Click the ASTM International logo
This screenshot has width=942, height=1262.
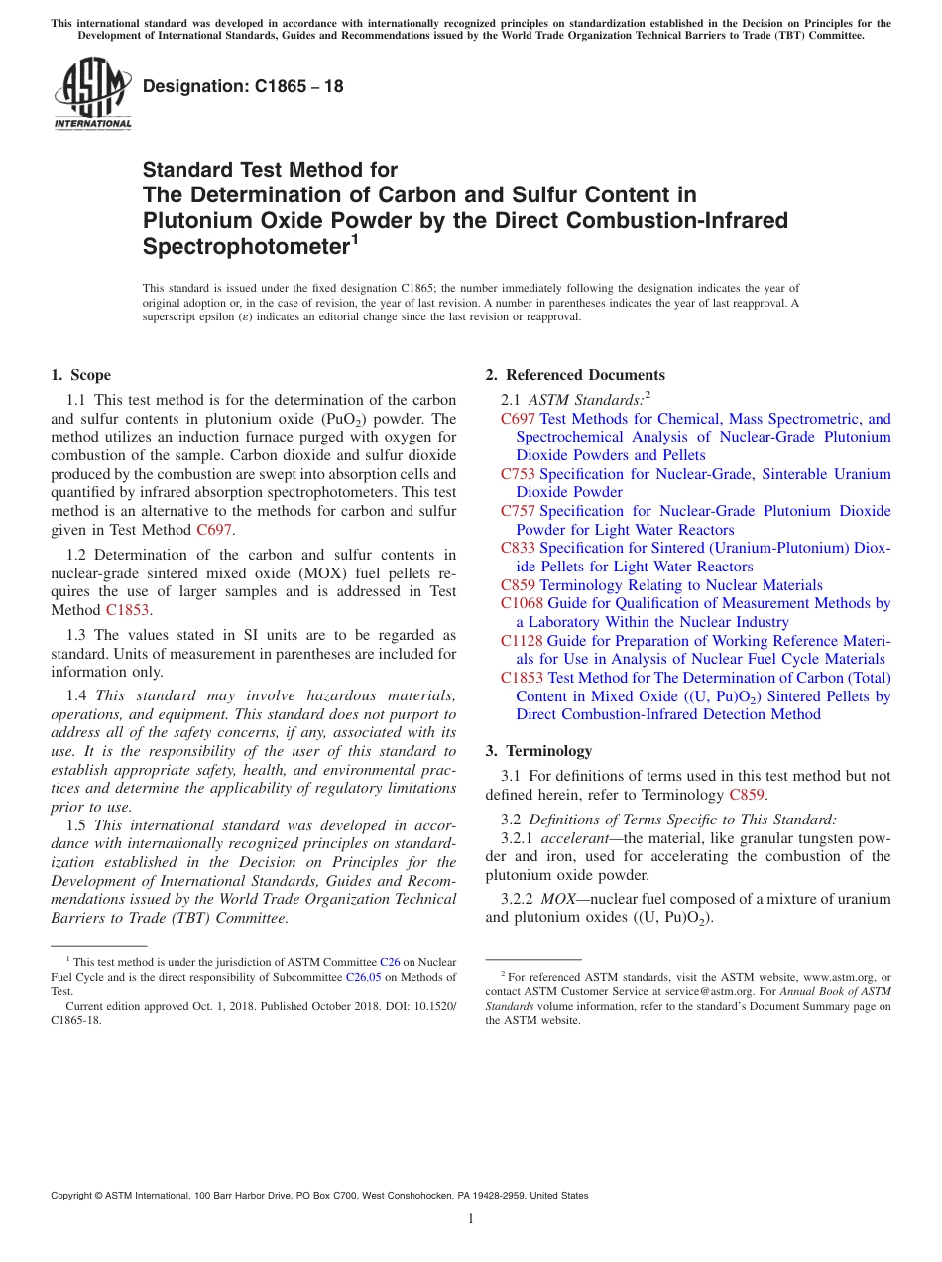click(x=92, y=93)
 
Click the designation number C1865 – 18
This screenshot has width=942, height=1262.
click(x=243, y=86)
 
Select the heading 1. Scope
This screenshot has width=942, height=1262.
click(x=81, y=375)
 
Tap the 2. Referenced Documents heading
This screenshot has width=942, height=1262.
click(x=575, y=375)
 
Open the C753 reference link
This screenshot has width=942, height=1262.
click(x=518, y=474)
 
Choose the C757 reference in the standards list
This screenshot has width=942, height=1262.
click(x=518, y=511)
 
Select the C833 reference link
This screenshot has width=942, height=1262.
click(x=518, y=548)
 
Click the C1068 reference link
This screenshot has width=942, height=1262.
click(x=522, y=603)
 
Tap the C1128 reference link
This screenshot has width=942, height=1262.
click(x=522, y=641)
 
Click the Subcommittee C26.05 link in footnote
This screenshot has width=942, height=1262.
click(x=362, y=977)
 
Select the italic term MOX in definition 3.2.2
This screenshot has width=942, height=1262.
click(x=557, y=899)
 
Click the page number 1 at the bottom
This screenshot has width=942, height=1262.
click(x=471, y=1219)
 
